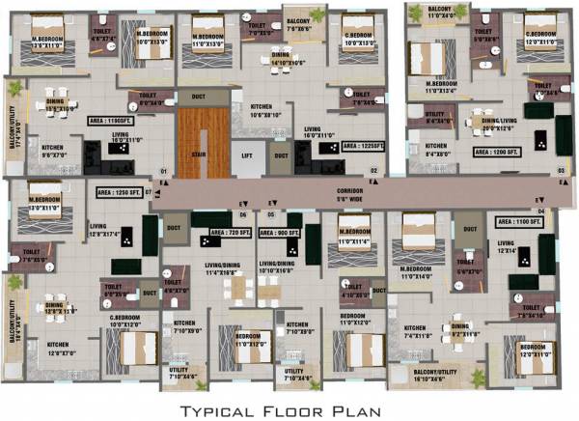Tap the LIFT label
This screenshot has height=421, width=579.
tap(247, 154)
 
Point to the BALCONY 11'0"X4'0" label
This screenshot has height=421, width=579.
tap(428, 14)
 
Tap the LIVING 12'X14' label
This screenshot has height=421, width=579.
tap(508, 248)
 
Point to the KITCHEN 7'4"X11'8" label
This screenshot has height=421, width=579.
tap(417, 333)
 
